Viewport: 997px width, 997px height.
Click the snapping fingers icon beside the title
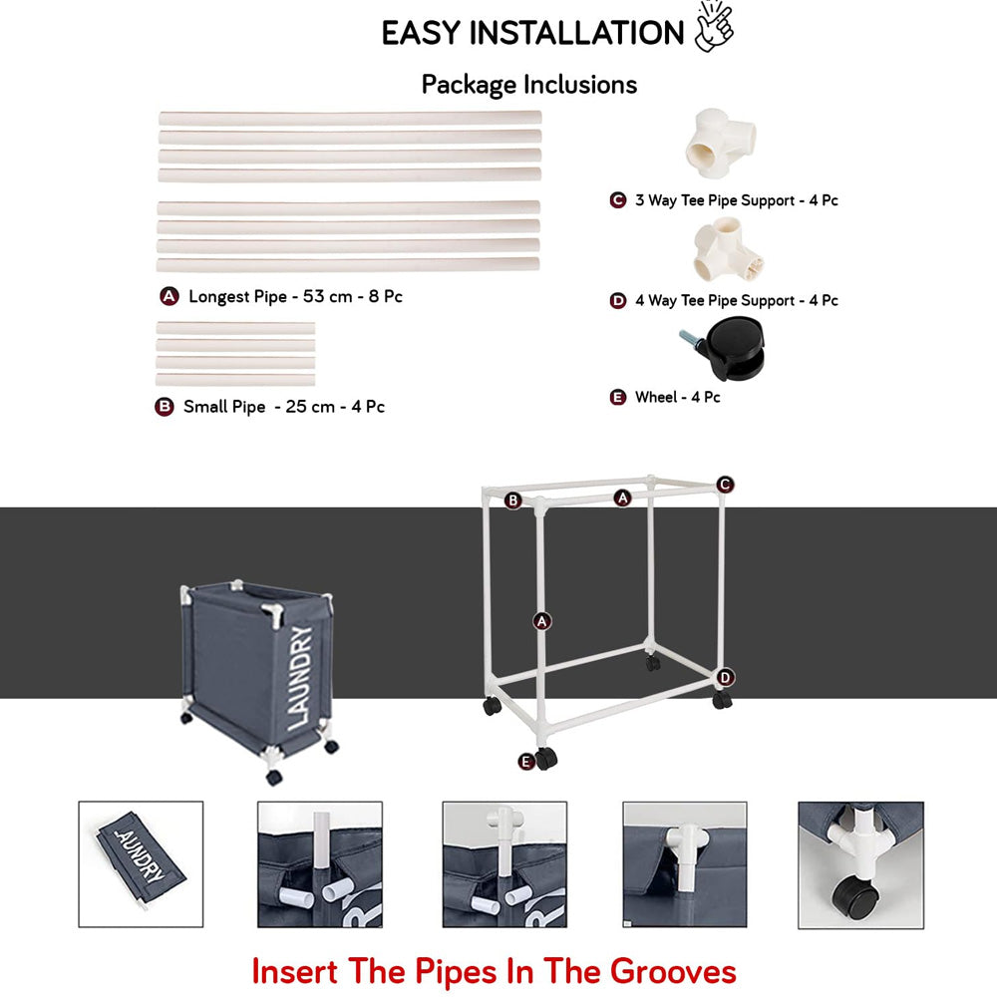tap(714, 27)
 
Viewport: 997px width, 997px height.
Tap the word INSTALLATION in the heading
tap(576, 33)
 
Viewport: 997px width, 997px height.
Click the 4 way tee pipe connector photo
tap(728, 248)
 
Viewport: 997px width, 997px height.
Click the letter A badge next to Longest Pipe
tap(169, 296)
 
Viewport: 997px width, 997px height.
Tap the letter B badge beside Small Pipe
tap(165, 407)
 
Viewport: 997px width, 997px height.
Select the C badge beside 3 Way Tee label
tap(618, 200)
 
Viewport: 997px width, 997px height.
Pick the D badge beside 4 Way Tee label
tap(618, 301)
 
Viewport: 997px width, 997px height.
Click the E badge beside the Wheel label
tap(618, 398)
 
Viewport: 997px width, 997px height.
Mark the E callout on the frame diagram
tap(525, 761)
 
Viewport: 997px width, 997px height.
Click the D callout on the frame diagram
tap(726, 678)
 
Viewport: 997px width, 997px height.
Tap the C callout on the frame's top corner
tap(725, 485)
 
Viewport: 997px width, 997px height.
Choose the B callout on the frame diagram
tap(513, 500)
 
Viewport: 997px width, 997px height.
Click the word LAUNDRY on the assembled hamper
tap(299, 678)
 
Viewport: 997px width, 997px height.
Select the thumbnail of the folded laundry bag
tap(141, 864)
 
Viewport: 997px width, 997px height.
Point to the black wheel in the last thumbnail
tap(855, 894)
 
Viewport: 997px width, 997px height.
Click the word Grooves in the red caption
tap(673, 971)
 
